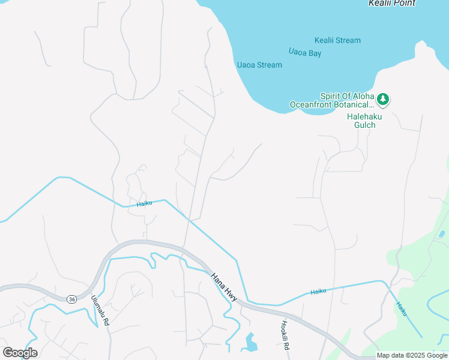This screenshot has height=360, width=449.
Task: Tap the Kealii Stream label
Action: click(337, 41)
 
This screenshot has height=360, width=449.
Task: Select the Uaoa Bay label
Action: click(305, 53)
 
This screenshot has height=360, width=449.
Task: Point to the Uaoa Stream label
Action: click(259, 65)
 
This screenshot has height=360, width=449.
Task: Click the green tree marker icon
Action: click(384, 99)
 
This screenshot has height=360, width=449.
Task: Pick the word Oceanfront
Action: click(311, 105)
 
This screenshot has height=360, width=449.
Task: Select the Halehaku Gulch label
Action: click(361, 121)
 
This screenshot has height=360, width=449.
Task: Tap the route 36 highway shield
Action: click(71, 299)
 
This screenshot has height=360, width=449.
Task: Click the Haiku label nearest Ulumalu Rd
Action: click(144, 203)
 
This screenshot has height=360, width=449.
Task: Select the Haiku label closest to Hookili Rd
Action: click(318, 291)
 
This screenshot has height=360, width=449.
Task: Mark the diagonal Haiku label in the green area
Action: click(401, 309)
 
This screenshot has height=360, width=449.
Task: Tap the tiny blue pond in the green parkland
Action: click(442, 233)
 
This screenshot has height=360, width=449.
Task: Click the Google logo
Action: click(20, 353)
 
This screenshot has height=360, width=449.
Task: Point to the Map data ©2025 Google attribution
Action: click(412, 355)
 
